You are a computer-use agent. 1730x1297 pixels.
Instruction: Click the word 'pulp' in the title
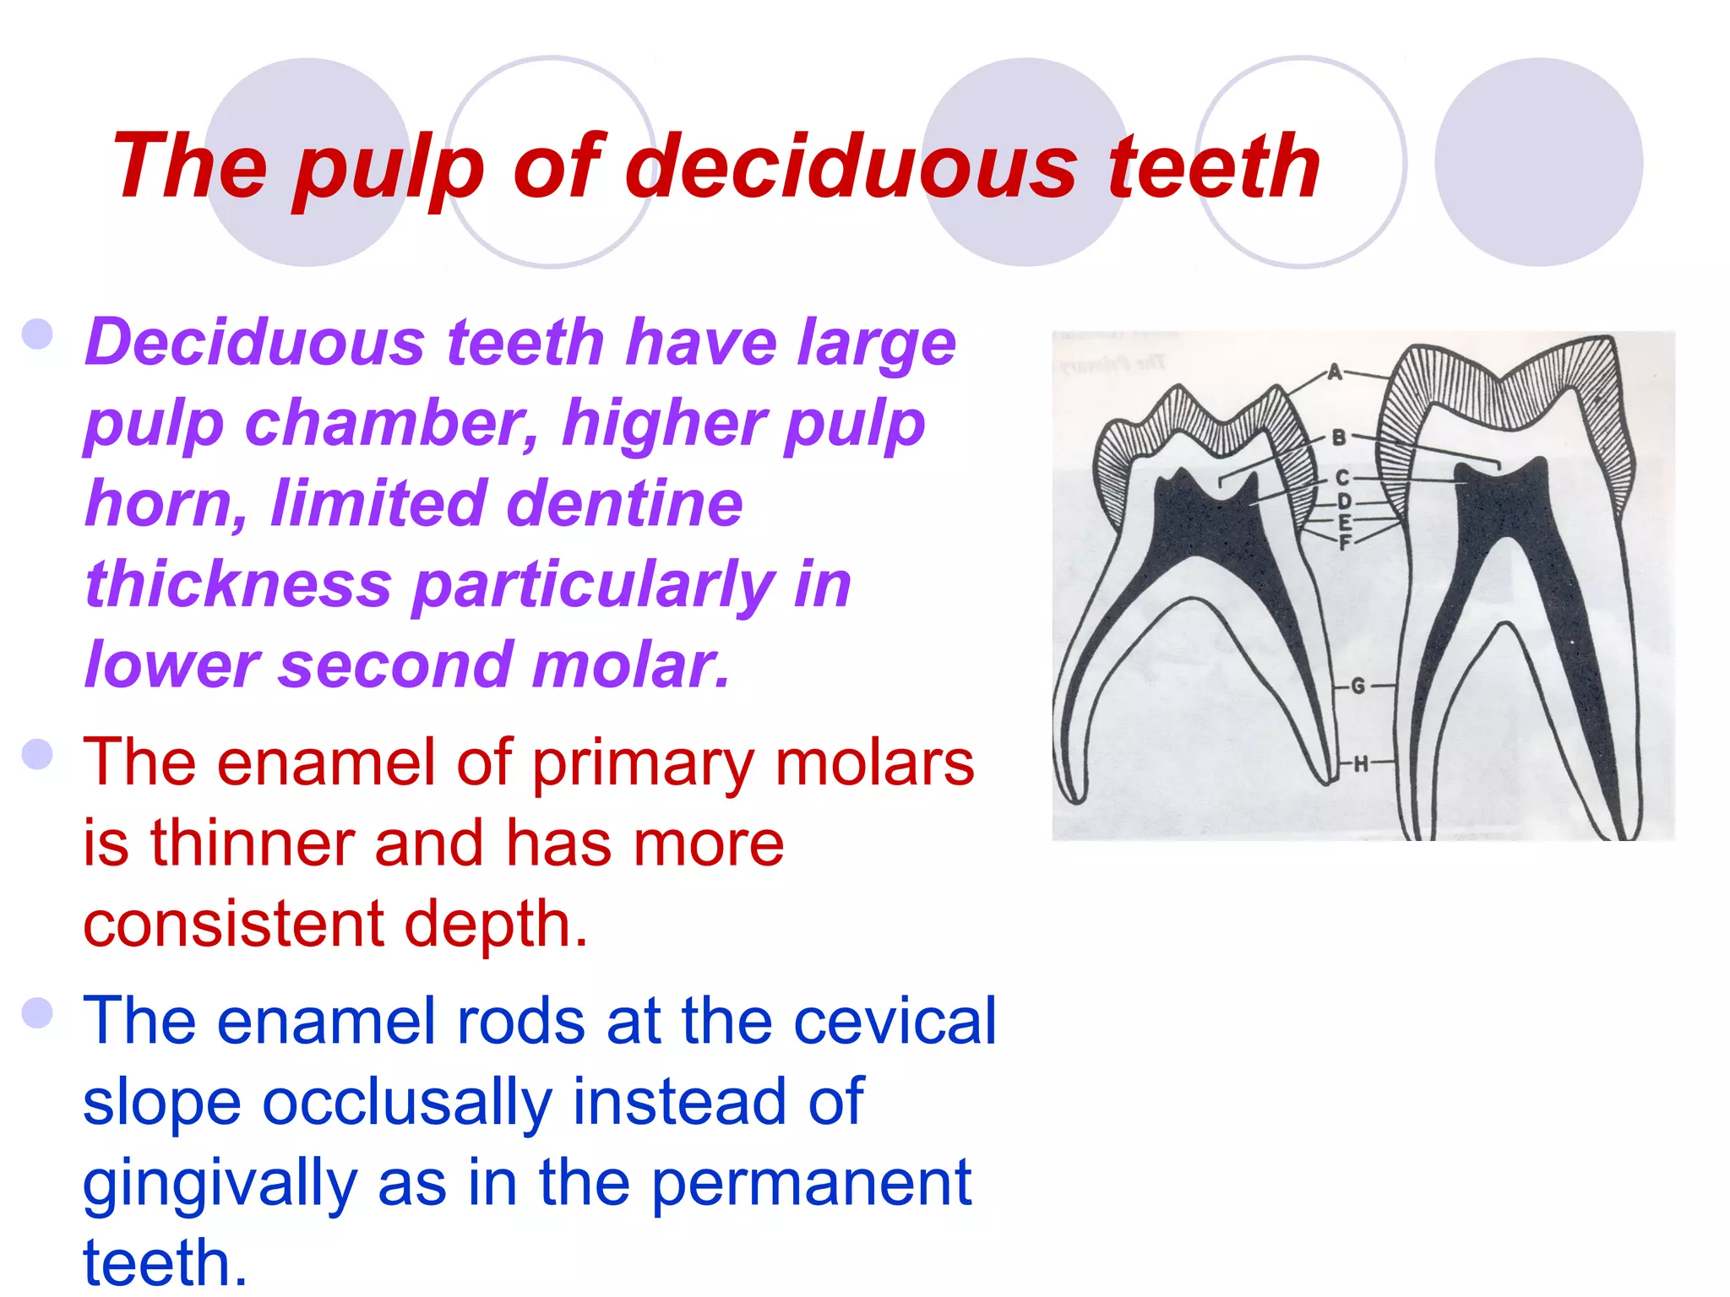coord(389,169)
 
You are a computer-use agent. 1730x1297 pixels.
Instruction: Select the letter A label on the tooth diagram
coord(1335,372)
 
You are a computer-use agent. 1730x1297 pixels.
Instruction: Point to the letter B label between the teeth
coord(1339,437)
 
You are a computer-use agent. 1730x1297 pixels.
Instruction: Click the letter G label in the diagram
coord(1358,686)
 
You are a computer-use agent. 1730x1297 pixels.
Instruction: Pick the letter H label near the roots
coord(1361,765)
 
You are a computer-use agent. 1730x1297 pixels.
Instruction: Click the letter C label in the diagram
coord(1343,479)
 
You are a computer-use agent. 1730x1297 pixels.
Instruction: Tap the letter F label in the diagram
coord(1346,542)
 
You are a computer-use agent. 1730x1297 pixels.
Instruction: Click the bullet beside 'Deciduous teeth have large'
coord(38,334)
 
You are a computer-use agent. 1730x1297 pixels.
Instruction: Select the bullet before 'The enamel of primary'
coord(38,754)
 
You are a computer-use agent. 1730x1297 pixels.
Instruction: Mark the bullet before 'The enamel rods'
coord(38,1012)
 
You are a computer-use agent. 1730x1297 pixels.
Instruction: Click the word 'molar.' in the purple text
coord(631,665)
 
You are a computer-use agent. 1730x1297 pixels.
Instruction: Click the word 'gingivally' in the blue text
coord(220,1184)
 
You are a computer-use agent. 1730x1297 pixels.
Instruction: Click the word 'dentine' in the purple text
coord(624,503)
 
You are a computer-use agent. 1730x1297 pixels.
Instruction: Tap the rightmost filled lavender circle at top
coord(1538,162)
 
